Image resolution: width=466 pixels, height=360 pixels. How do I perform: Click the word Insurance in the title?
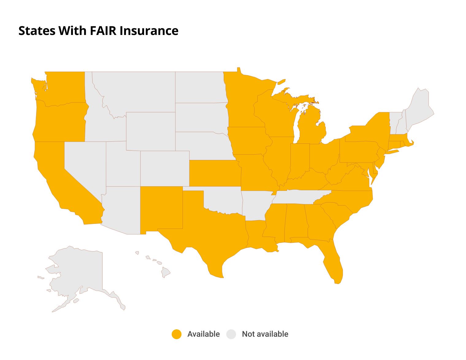click(x=149, y=31)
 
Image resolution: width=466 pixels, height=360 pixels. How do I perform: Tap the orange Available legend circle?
click(x=177, y=334)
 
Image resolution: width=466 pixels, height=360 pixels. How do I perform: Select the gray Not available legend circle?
click(x=231, y=334)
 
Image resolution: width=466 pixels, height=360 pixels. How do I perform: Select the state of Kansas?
click(x=215, y=173)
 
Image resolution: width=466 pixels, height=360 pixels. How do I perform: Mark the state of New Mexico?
click(x=161, y=209)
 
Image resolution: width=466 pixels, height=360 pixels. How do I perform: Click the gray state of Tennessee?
click(x=299, y=197)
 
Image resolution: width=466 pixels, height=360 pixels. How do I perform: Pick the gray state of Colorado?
click(x=165, y=169)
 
